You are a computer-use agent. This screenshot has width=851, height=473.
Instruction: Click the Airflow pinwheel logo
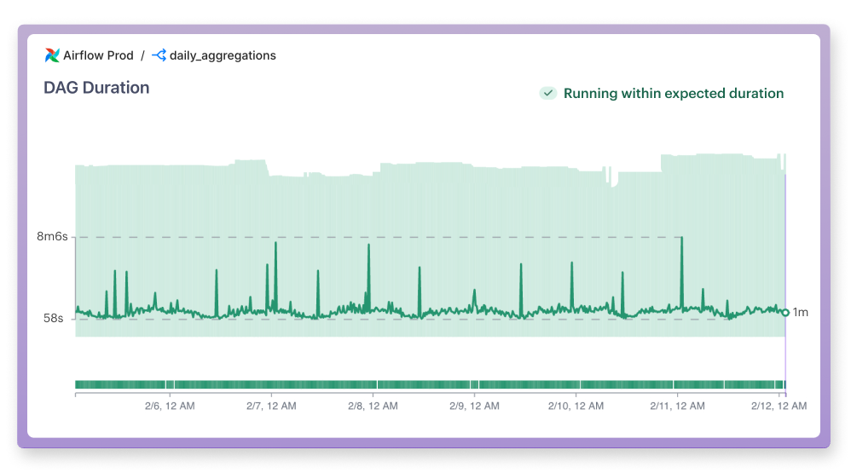tap(52, 55)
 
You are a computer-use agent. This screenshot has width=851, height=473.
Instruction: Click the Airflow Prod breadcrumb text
tap(98, 55)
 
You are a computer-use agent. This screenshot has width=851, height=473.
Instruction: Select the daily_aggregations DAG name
tap(223, 55)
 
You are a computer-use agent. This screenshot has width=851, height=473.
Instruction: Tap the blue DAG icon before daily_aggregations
tap(159, 55)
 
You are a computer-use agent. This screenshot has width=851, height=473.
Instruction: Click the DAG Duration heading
tap(96, 88)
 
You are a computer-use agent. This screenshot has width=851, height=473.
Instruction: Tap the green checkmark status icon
tap(547, 93)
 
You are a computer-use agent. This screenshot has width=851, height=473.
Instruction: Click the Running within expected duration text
tap(673, 94)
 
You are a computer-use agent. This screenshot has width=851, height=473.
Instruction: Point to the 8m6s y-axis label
tap(52, 237)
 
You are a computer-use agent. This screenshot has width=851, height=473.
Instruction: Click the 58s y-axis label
tap(54, 318)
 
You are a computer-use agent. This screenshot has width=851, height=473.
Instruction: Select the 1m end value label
tap(800, 313)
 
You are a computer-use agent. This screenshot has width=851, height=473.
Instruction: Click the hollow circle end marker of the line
tap(785, 313)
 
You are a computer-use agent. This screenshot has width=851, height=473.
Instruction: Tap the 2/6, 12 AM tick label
tap(170, 407)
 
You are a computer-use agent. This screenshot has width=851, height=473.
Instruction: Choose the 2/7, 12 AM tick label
tap(271, 407)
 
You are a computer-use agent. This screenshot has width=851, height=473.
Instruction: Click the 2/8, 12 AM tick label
tap(373, 407)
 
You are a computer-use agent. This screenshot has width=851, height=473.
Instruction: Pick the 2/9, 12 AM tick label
tap(474, 407)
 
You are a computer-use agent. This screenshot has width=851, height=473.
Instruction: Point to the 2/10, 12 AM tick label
tap(576, 407)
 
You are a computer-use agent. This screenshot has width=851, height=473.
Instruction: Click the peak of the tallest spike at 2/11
tap(681, 239)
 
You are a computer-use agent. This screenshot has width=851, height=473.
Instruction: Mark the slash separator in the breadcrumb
tap(142, 55)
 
